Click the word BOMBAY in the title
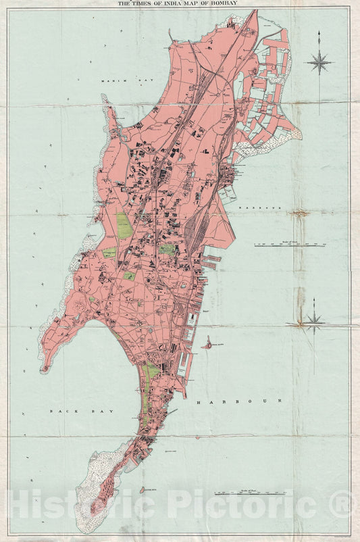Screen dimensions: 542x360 (x=220, y=3)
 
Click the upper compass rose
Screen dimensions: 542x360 (x=319, y=62)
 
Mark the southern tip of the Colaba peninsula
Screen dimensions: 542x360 (x=93, y=512)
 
